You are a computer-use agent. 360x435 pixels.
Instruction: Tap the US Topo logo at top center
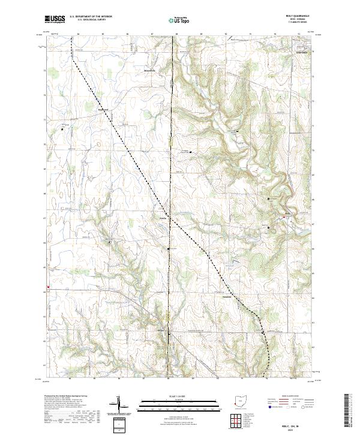[179, 20]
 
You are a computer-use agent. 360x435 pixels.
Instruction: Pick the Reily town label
[287, 214]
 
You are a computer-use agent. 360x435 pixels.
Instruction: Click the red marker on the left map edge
[47, 287]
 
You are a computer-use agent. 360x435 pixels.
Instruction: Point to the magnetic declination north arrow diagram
[119, 406]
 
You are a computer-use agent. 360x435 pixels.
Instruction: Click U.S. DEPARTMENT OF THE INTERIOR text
[91, 17]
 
